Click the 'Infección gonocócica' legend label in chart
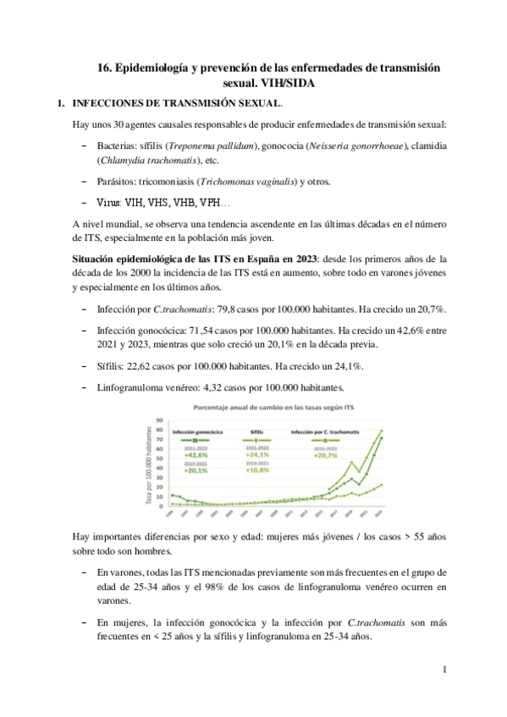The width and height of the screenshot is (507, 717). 196,431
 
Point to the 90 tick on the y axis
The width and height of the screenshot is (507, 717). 157,420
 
